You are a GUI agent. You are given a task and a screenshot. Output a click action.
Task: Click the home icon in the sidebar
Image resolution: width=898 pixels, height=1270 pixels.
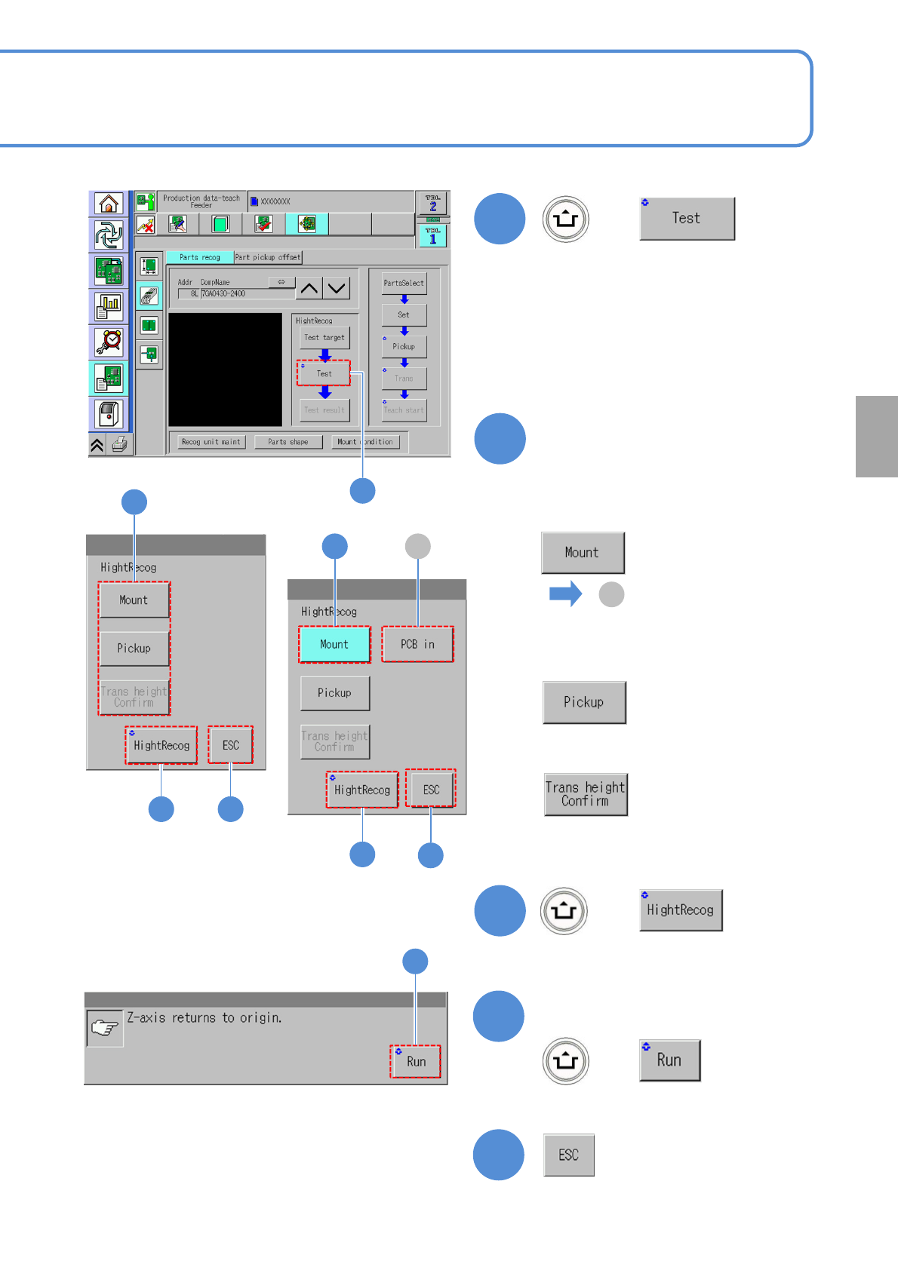tap(109, 204)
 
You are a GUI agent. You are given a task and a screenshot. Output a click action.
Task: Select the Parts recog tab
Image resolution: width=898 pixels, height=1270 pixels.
tap(199, 257)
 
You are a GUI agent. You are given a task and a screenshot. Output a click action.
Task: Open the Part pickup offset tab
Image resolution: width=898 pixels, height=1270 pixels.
tap(268, 257)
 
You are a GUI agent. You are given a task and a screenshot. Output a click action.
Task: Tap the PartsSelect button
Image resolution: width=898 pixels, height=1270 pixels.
tap(404, 283)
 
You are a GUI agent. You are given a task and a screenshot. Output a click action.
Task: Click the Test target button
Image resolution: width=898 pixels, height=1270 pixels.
tap(324, 338)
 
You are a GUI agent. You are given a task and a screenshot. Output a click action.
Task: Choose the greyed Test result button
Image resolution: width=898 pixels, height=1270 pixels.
tap(324, 410)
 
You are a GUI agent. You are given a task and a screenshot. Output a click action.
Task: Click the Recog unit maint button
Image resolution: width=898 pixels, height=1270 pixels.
tap(211, 442)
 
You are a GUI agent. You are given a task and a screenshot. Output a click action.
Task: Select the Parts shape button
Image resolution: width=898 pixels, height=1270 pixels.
tap(288, 442)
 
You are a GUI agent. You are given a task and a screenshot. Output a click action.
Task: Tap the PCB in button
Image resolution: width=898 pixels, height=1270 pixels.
tap(417, 645)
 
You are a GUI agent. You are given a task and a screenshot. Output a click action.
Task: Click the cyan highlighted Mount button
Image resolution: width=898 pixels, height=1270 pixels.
tap(334, 645)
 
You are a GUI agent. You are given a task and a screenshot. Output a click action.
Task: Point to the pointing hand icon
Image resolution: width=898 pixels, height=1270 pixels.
tap(105, 1028)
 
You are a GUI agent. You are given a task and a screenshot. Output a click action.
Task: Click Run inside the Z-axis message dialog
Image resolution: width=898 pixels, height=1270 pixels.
tap(416, 1061)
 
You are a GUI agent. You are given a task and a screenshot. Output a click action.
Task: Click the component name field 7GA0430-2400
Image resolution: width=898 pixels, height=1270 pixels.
tap(247, 294)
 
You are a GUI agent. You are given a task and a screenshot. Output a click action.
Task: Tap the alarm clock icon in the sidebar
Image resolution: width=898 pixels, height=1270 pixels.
tap(109, 342)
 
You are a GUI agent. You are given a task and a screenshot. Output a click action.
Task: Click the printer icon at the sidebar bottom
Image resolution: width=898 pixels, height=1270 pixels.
tap(119, 445)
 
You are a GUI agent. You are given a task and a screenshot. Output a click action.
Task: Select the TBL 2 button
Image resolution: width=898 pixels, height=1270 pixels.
tap(432, 203)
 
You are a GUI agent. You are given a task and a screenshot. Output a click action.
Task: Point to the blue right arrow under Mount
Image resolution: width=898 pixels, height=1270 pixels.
tap(565, 594)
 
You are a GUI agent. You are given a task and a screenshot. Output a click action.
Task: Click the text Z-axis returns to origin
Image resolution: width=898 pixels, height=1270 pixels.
tap(204, 1018)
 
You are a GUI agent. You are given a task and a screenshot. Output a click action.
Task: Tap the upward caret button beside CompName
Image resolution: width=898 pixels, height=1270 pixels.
tap(309, 288)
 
